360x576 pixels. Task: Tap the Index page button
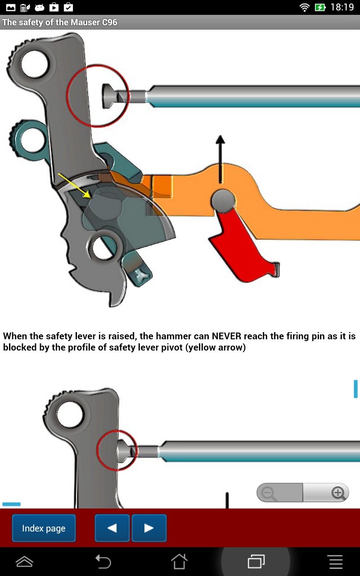(x=44, y=528)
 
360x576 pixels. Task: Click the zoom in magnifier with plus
(x=338, y=493)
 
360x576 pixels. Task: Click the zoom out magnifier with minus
(x=269, y=493)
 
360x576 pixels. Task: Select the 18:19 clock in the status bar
(x=342, y=7)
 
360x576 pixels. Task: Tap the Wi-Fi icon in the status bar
(x=305, y=7)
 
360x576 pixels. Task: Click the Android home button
(x=179, y=561)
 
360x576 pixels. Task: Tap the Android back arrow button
(x=103, y=561)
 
